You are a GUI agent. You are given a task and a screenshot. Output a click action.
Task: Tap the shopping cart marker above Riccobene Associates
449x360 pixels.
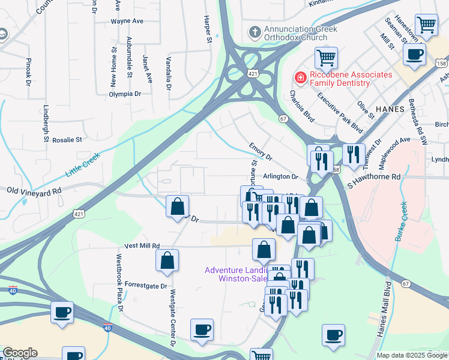coord(326,58)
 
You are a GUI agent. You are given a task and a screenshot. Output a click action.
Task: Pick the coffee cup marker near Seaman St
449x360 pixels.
coord(414,55)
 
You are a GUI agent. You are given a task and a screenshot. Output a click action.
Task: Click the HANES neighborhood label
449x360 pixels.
coord(393,108)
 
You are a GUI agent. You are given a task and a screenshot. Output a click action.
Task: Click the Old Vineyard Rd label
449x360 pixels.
coord(34,190)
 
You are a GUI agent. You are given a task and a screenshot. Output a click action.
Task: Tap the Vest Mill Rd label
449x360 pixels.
coord(142,245)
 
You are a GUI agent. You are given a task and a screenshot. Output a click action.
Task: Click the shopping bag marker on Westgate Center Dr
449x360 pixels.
coord(167,260)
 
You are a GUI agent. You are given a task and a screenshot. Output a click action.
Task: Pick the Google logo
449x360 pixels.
coord(20,353)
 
